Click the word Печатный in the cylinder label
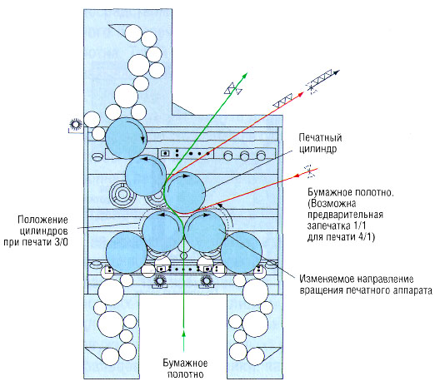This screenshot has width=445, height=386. pos(320,138)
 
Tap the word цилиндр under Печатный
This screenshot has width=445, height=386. pos(317,149)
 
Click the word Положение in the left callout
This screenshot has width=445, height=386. pos(42,220)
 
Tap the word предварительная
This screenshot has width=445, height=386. pos(345,215)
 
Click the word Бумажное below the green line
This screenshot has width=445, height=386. pos(185,363)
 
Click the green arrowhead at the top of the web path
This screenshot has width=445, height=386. pos(245,75)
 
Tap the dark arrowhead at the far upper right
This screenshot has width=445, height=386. pos(337,72)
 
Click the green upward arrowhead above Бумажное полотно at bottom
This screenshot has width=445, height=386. pos(184,333)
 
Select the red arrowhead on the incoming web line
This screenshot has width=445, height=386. pos(297,176)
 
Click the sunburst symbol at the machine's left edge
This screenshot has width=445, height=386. pos(76,125)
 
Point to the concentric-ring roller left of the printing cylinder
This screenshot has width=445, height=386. pos(122,195)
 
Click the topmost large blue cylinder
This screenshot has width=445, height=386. pos(126,138)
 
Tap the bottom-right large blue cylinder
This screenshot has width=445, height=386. pos(241,253)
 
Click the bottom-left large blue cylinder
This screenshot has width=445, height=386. pos(127,253)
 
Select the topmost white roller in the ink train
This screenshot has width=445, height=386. pos(132,33)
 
